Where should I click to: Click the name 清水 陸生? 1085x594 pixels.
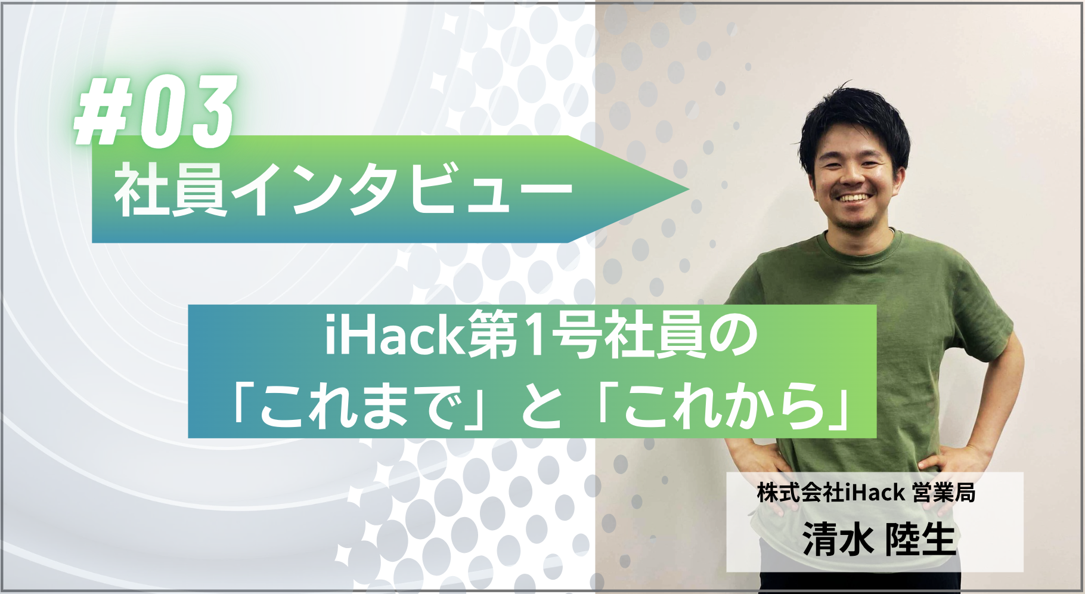tap(879, 540)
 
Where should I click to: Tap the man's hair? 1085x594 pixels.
tap(855, 119)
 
